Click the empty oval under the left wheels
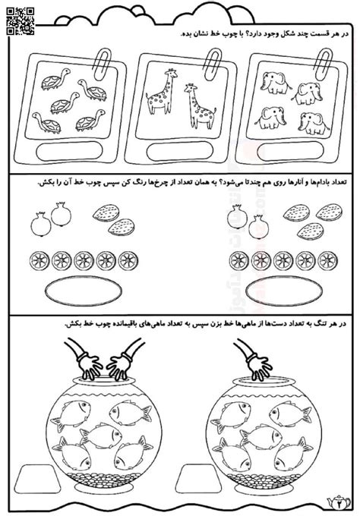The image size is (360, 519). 77,291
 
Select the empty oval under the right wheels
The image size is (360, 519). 278,291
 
